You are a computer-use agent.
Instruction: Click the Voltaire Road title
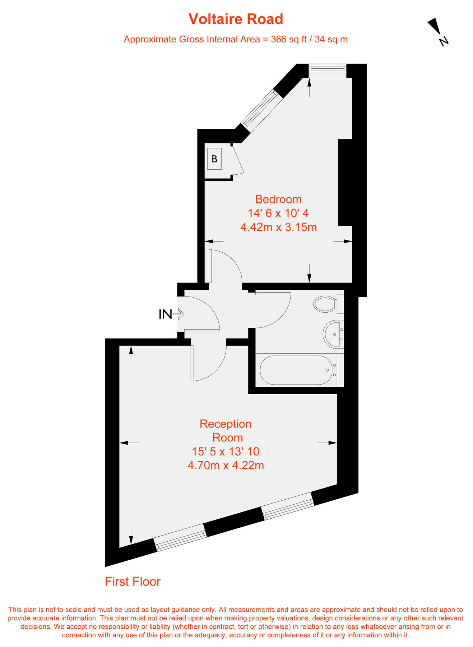point(236,19)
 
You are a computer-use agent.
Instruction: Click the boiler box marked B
point(214,159)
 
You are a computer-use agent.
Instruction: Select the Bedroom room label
point(278,199)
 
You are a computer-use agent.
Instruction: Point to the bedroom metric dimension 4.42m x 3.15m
point(278,227)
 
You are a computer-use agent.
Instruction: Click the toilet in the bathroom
point(327,304)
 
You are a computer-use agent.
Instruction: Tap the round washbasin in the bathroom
point(334,334)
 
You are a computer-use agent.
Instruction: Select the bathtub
point(297,370)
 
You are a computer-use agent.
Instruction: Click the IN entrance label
point(165,315)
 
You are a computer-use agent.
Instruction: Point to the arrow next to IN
point(179,315)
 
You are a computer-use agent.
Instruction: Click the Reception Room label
point(226,431)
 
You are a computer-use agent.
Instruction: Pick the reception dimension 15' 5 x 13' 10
point(226,451)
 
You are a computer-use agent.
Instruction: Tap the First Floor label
point(133,582)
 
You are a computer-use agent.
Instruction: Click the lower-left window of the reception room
point(180,537)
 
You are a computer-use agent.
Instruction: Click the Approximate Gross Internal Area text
point(236,40)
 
